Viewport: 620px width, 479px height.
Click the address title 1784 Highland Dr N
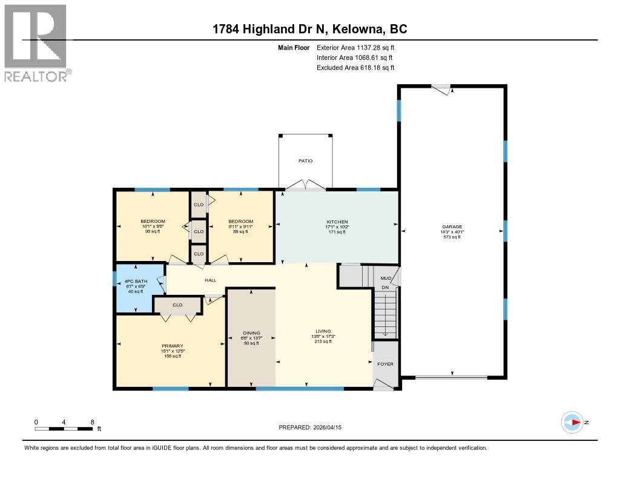click(309, 29)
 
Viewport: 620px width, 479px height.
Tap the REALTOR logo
click(36, 42)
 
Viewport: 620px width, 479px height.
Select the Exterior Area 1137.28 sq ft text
click(355, 47)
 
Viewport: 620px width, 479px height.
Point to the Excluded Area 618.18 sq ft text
click(355, 68)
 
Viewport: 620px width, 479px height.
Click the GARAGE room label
click(451, 227)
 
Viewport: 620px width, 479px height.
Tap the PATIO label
click(305, 161)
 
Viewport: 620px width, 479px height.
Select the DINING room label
click(251, 333)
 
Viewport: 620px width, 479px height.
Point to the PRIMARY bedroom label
click(172, 346)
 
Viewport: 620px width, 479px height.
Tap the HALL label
click(210, 280)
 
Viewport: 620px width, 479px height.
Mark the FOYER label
click(385, 364)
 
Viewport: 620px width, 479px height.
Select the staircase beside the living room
click(386, 312)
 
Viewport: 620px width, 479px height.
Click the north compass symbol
click(573, 423)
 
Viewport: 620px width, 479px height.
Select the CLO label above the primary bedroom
click(177, 305)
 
